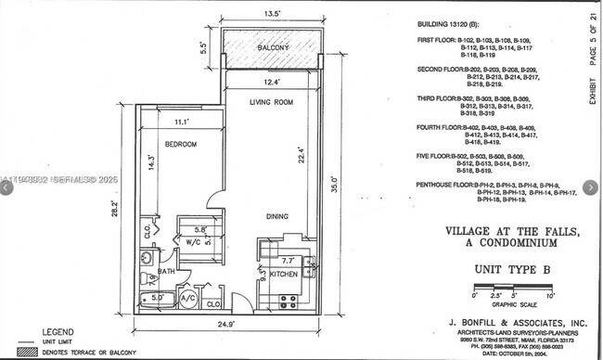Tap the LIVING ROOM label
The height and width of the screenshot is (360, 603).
(x=271, y=102)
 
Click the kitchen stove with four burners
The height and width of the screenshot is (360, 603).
(x=288, y=301)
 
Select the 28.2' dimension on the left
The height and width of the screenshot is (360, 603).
(x=116, y=210)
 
